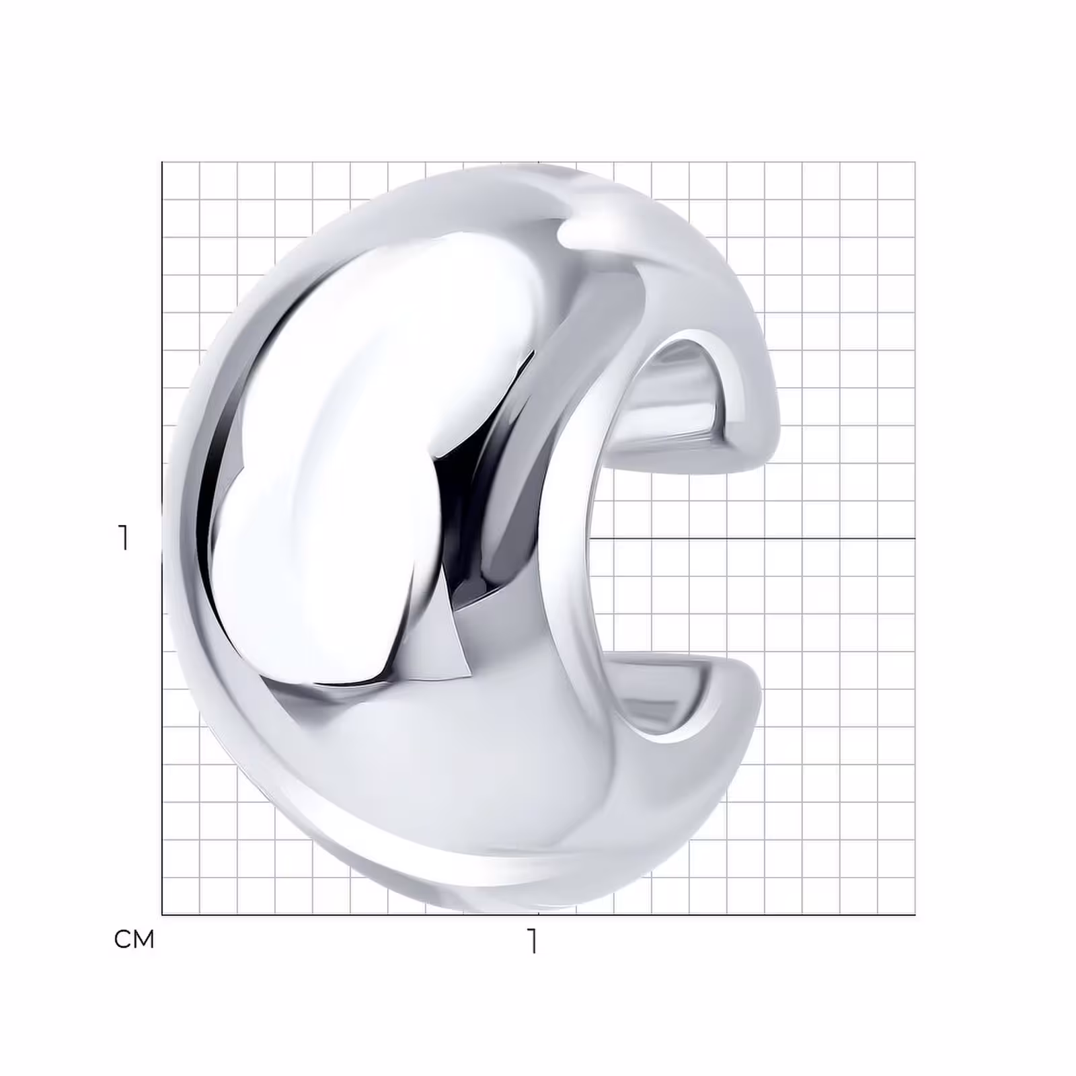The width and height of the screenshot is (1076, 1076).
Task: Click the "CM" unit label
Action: pyautogui.click(x=134, y=939)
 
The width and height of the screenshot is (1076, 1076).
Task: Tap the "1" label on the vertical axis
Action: pyautogui.click(x=122, y=538)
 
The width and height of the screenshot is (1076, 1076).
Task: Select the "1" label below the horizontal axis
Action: pyautogui.click(x=533, y=941)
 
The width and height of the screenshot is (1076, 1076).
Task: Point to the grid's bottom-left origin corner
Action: pyautogui.click(x=162, y=915)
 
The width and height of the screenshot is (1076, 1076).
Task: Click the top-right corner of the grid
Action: pyautogui.click(x=915, y=162)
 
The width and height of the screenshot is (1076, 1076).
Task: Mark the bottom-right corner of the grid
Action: pyautogui.click(x=915, y=915)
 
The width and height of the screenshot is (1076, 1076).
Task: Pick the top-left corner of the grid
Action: pyautogui.click(x=162, y=162)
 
